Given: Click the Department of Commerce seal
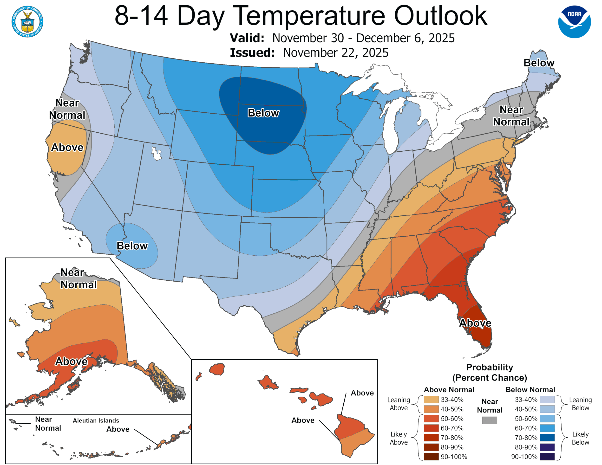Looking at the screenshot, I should point(27,21).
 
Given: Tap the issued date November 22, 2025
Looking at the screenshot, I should point(335,53).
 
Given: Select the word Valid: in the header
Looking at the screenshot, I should point(247,38).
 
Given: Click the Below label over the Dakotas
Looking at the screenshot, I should point(263,113).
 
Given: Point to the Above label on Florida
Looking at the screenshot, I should point(475,323).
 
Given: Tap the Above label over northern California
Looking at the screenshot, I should point(67,147).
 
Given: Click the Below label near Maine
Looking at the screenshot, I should point(539,63).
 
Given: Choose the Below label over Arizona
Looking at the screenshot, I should point(132,246).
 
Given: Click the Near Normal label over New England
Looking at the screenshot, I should point(511,116).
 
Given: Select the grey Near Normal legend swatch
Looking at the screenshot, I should point(490,420).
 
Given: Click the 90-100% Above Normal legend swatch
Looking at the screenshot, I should point(431,457).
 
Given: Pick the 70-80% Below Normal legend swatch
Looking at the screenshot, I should point(547,438).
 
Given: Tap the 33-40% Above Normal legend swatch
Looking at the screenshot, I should point(431,400).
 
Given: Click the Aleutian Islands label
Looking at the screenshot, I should point(96,420).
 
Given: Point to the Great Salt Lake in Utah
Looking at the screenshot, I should point(156,154).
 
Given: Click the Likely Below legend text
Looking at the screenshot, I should point(580,438).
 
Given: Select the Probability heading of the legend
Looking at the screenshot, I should point(490,367).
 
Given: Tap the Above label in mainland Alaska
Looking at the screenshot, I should point(71,361).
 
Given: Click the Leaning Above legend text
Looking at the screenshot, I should point(399,404).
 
